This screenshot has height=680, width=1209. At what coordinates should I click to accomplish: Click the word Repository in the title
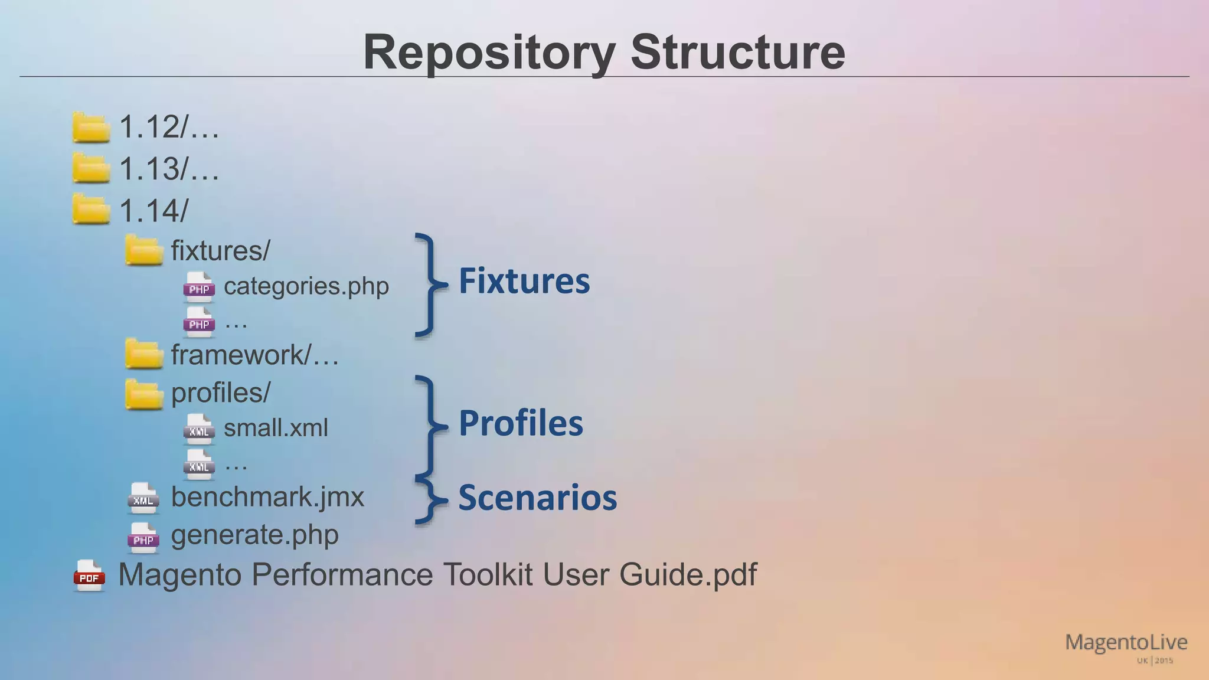click(x=489, y=53)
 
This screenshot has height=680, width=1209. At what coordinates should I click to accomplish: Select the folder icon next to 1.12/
click(x=91, y=127)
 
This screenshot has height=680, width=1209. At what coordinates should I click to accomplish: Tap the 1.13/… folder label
click(x=169, y=169)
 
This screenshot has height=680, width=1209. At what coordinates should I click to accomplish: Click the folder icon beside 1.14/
click(x=91, y=210)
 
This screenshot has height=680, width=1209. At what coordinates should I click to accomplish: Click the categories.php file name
click(x=306, y=286)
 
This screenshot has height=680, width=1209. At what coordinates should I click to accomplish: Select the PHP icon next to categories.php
click(x=199, y=287)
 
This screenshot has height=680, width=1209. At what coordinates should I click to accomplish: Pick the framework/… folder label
click(x=254, y=355)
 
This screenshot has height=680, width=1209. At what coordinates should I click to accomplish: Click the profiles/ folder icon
click(x=144, y=394)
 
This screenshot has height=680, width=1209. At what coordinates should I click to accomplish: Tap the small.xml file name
click(x=275, y=428)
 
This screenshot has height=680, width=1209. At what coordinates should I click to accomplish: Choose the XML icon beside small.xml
click(x=199, y=429)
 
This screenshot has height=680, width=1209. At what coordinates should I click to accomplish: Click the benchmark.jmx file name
click(x=267, y=497)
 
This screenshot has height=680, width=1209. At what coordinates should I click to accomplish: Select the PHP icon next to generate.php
click(x=143, y=538)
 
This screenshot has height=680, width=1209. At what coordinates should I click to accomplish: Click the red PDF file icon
click(x=89, y=576)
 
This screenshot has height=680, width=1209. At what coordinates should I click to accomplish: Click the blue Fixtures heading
click(x=524, y=281)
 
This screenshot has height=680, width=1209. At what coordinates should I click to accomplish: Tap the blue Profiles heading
click(x=521, y=423)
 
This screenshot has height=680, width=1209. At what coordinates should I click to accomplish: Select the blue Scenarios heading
click(x=537, y=498)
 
